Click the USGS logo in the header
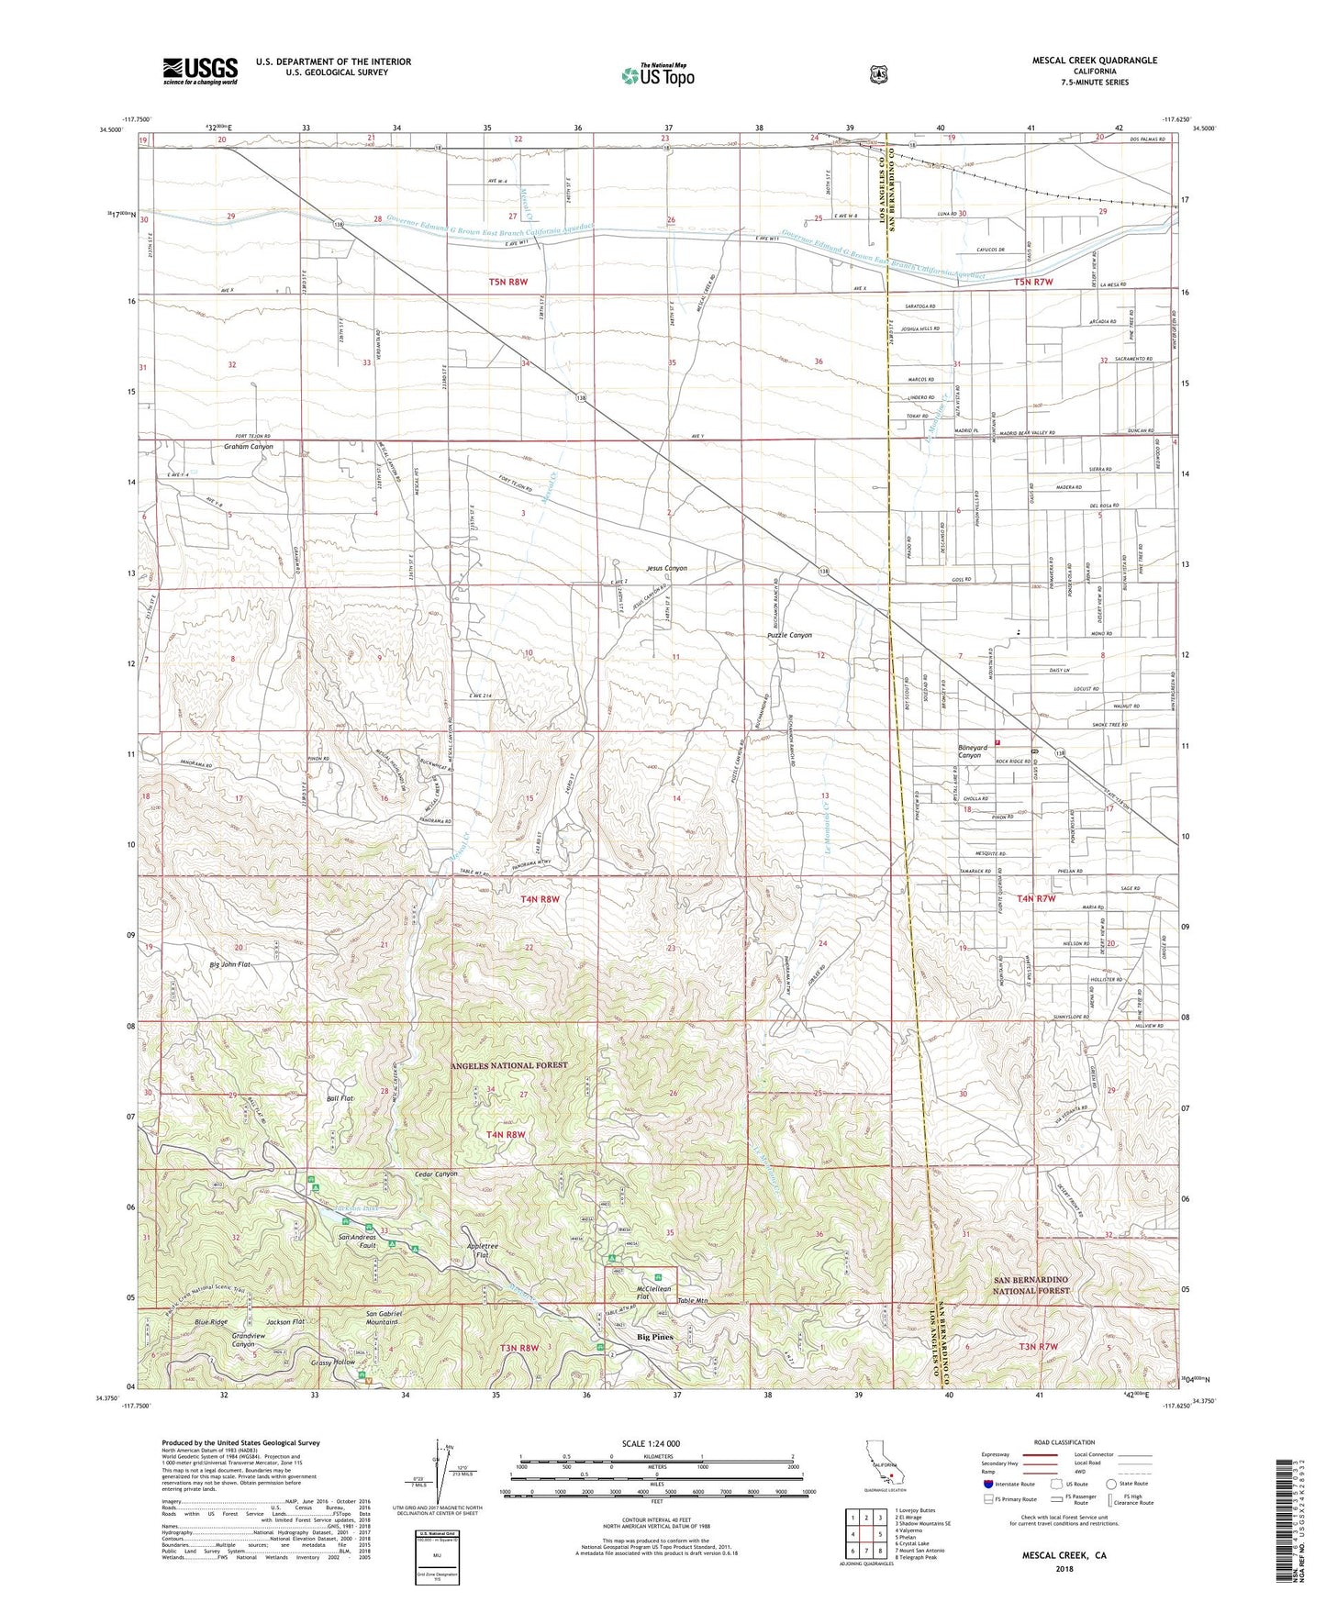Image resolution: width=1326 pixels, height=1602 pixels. click(200, 71)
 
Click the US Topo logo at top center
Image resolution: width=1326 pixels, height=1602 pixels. click(657, 75)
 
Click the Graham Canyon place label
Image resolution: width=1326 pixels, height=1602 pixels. click(249, 447)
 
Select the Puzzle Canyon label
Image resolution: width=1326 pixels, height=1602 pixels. click(789, 635)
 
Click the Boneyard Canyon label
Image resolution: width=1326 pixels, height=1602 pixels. click(967, 751)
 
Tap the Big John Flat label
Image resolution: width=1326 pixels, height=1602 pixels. click(230, 964)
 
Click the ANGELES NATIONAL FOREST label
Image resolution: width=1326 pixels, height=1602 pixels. click(509, 1065)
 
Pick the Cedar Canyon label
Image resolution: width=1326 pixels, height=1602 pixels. click(436, 1174)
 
